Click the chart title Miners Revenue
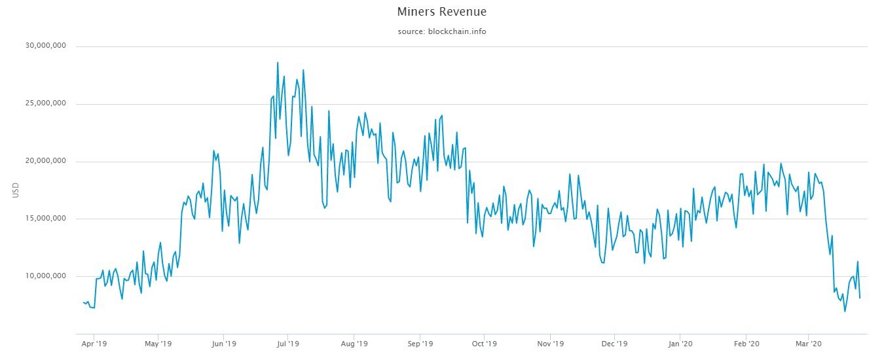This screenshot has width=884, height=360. (442, 12)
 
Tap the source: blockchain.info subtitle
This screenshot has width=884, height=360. (442, 31)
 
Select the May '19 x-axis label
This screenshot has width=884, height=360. (158, 343)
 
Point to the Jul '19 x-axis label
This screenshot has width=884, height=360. (287, 343)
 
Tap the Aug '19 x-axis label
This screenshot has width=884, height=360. (354, 343)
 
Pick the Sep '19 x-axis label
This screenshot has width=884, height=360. (420, 343)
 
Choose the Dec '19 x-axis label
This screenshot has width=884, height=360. (614, 343)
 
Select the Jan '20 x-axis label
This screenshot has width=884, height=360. (680, 343)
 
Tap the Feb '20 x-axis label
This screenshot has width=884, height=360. (746, 343)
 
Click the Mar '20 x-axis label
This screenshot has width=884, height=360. (809, 343)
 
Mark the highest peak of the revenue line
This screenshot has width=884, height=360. (278, 63)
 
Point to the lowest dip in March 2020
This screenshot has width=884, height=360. (845, 311)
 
